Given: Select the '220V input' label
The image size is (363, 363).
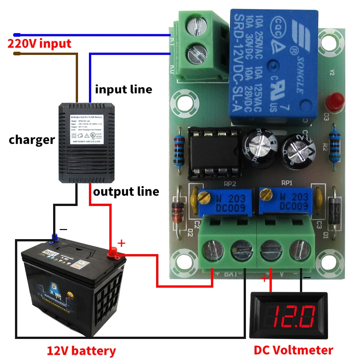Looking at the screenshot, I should click(39, 44).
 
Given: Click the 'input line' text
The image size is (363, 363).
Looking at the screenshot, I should click(123, 89).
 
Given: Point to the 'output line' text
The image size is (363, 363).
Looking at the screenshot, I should click(126, 191).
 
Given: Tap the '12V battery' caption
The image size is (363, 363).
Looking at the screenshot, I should click(81, 351).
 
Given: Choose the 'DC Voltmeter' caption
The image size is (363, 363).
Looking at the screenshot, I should click(293, 350).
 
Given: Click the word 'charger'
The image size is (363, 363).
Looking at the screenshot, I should click(32, 139).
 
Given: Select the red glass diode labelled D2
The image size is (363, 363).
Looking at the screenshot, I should click(177, 211).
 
